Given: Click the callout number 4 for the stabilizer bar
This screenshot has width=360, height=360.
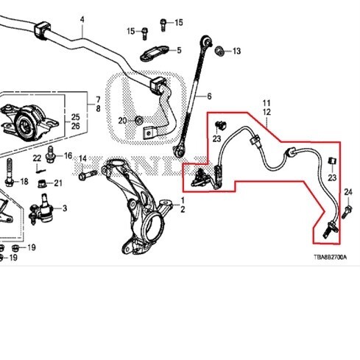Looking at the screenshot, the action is point(82,19).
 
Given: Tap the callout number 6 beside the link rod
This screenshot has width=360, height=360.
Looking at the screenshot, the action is point(209,96).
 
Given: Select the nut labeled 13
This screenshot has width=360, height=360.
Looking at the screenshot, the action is point(219,51).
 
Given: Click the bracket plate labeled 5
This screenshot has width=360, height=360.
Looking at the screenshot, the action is point(155,53).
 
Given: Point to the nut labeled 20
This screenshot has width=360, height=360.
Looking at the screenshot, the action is point(139,120).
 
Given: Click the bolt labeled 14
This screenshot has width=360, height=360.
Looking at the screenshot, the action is point(88,174).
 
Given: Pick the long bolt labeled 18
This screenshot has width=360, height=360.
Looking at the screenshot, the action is point(9,172).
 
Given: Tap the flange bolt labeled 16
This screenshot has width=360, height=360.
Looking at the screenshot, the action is point(50,155).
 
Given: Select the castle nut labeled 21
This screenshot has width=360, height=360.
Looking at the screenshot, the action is point(43,183).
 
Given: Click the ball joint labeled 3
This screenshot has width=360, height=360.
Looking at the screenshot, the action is point(41,209).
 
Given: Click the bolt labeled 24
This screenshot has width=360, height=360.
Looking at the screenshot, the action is point(347,213).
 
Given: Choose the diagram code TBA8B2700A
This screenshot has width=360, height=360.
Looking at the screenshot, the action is point(331,257).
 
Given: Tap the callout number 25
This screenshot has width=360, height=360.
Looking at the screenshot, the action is point(76,117).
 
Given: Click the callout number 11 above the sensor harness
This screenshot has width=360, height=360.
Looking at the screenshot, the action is point(267,103).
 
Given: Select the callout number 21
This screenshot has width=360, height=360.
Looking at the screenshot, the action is point(58,183).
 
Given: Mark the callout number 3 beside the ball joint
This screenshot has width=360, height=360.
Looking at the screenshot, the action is point(65,208).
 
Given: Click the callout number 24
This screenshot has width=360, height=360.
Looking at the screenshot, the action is point(348,192).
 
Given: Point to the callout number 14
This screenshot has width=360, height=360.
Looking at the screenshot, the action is point(83,158).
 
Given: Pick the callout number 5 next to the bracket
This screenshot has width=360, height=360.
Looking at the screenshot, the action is point(179,50).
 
